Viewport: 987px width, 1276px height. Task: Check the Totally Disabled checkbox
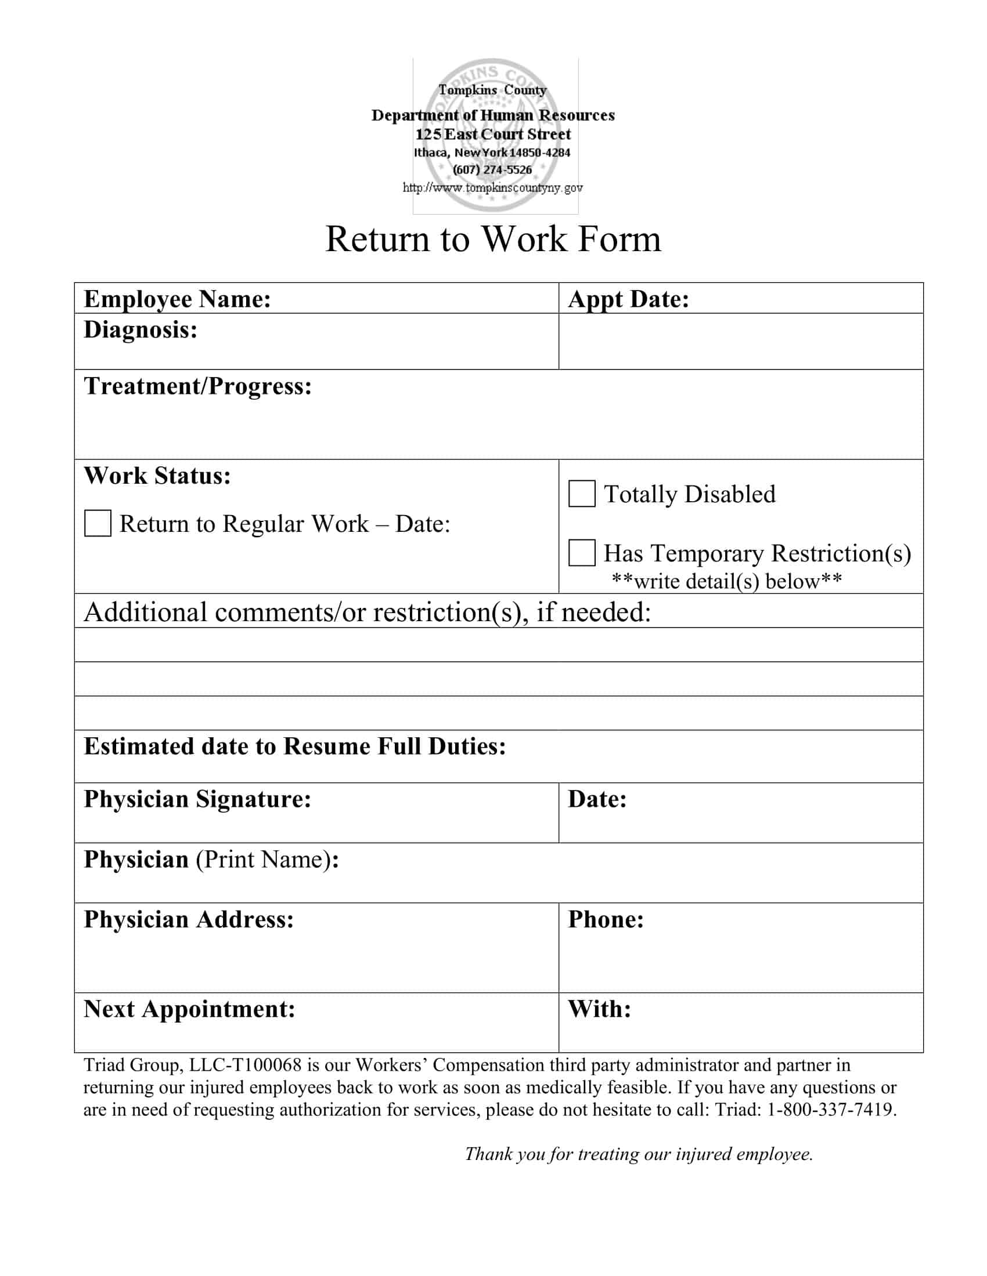(582, 494)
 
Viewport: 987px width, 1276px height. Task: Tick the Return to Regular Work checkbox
(98, 523)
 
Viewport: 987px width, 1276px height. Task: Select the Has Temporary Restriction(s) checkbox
(582, 553)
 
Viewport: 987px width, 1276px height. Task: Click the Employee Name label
(177, 299)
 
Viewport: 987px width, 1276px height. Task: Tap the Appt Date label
(629, 299)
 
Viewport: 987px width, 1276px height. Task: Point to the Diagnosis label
(141, 330)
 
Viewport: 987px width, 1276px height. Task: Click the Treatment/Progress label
(197, 386)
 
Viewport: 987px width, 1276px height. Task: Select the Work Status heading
(157, 476)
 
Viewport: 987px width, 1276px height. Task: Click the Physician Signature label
(197, 799)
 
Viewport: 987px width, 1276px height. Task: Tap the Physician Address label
(189, 919)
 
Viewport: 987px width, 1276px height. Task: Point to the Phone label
(606, 919)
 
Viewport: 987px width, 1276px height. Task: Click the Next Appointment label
(189, 1009)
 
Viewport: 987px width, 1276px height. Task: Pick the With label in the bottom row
(599, 1009)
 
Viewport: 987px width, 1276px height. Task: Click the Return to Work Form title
(493, 239)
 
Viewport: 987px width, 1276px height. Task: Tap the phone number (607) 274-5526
(492, 170)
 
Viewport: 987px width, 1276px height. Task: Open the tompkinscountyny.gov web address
(492, 187)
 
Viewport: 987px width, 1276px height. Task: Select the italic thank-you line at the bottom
(639, 1154)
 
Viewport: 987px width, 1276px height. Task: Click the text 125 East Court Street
(493, 135)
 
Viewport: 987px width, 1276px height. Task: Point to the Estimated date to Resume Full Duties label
(295, 746)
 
